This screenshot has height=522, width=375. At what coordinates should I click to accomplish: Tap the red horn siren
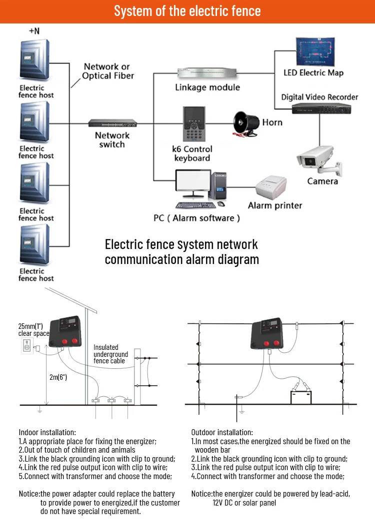click(x=246, y=123)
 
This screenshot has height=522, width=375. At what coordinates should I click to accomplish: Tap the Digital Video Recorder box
click(x=319, y=108)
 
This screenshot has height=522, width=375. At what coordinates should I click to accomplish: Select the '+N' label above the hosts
click(x=34, y=31)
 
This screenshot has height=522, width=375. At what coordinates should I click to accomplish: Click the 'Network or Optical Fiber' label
click(x=107, y=71)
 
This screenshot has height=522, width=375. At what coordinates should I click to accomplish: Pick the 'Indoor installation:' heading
click(x=47, y=432)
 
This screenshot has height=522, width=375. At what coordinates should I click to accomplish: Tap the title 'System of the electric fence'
click(x=187, y=11)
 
